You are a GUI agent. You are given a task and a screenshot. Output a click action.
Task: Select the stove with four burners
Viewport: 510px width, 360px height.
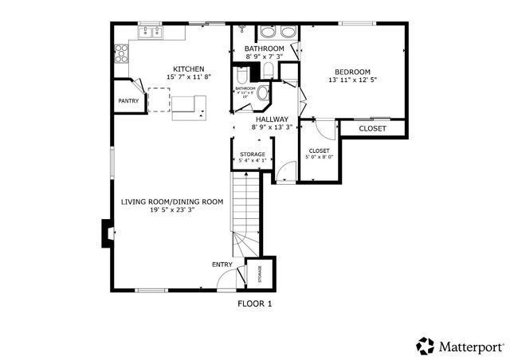[x=122, y=53]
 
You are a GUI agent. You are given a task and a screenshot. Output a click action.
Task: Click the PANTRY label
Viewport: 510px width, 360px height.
[x=128, y=101]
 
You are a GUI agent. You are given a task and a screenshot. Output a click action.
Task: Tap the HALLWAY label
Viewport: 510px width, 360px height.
[x=272, y=119]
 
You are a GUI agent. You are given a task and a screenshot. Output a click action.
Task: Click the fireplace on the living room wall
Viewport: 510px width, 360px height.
[x=106, y=231]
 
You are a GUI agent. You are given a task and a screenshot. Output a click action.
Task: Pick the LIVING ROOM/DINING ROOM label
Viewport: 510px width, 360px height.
[x=172, y=202]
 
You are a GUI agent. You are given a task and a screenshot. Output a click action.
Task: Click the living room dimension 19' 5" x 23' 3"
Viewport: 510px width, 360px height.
[x=172, y=211]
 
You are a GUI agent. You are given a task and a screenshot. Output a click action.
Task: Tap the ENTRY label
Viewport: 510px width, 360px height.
[x=222, y=264]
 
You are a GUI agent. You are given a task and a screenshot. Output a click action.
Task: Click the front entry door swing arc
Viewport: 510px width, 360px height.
[x=228, y=280]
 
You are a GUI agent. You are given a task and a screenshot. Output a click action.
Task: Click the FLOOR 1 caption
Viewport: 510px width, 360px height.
[x=255, y=303]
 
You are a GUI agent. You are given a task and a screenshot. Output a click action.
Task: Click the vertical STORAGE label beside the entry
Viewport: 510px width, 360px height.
[x=260, y=274]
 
